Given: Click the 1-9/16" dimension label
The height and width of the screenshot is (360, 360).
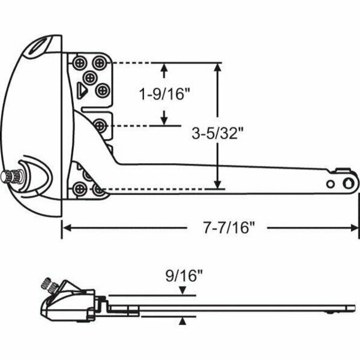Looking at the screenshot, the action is [165, 94].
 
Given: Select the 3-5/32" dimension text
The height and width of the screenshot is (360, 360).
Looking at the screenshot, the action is [217, 133].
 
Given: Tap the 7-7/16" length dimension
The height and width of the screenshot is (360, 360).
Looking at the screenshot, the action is [229, 227].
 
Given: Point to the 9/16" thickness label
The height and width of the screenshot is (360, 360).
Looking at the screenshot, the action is [184, 276].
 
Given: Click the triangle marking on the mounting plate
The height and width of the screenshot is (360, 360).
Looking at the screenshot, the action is [82, 91].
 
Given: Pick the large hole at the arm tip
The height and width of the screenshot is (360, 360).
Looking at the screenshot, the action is [348, 184].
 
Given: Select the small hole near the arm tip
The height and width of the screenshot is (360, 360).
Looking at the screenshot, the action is [331, 184].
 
